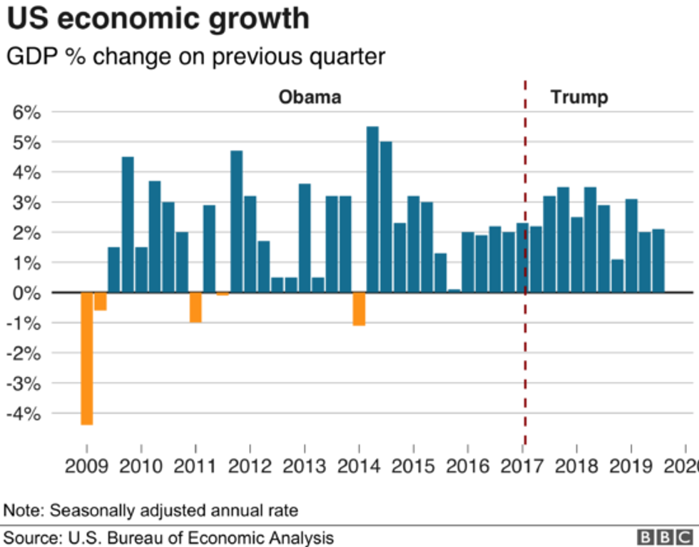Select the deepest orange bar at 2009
(87, 358)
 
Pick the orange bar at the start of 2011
(195, 308)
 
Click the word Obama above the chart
(310, 97)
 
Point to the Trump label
(579, 97)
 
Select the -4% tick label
(25, 413)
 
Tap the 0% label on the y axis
(27, 293)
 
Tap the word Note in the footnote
(22, 511)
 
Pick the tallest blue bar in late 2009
(128, 225)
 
